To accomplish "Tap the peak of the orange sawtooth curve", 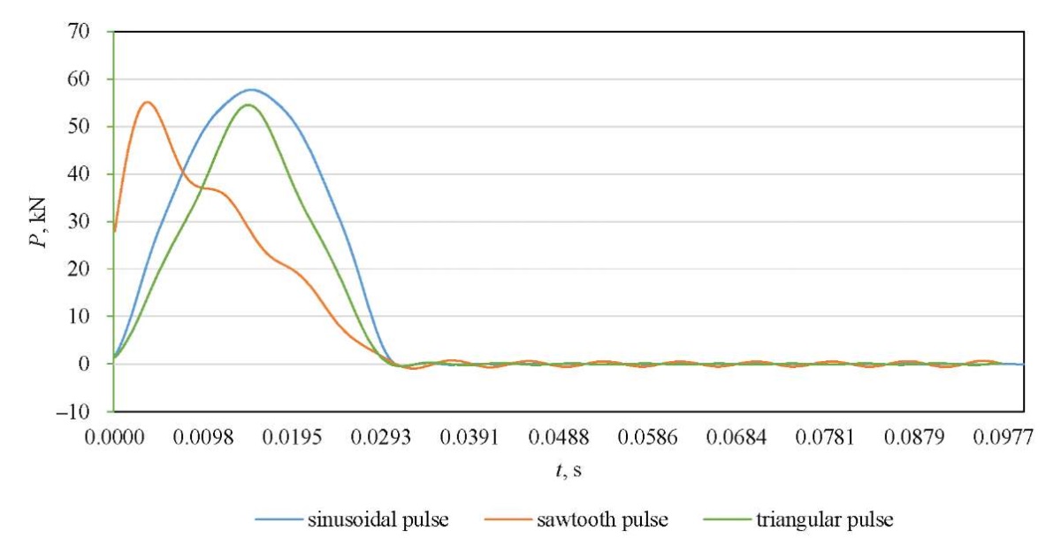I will tap(147, 102).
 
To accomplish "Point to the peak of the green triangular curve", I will tap(248, 104).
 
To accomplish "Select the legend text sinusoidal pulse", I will tap(378, 519).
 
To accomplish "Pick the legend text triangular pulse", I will tap(824, 519).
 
